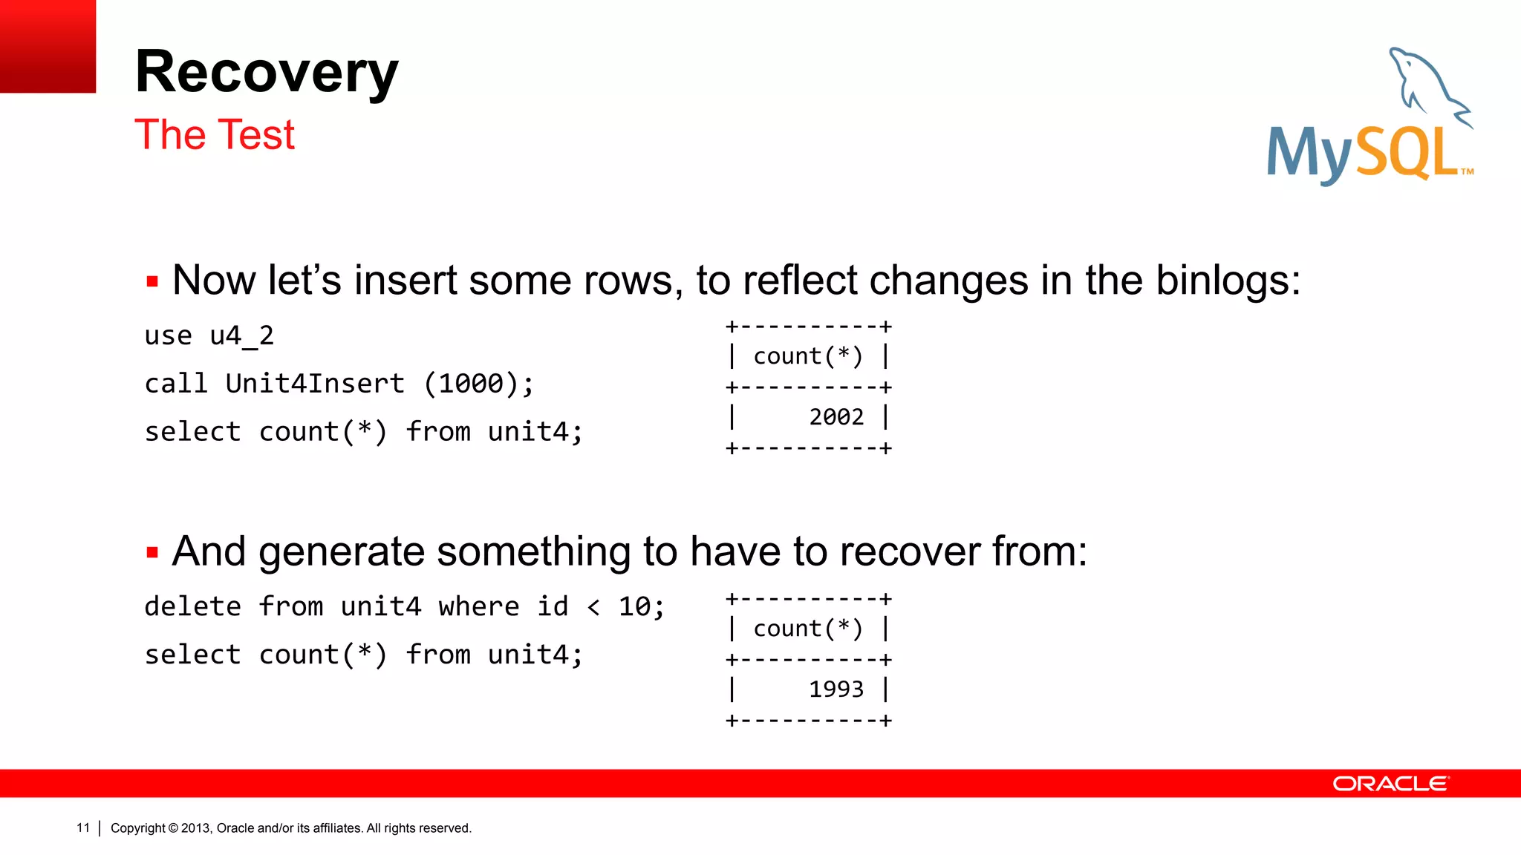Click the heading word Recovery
pyautogui.click(x=267, y=73)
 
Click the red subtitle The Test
pyautogui.click(x=215, y=135)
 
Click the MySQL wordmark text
pyautogui.click(x=1363, y=154)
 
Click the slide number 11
pyautogui.click(x=82, y=828)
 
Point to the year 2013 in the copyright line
pyautogui.click(x=196, y=828)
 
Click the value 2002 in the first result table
pyautogui.click(x=836, y=417)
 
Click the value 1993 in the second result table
pyautogui.click(x=836, y=689)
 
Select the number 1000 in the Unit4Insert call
pyautogui.click(x=471, y=384)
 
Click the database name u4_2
pyautogui.click(x=242, y=336)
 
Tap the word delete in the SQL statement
pyautogui.click(x=192, y=607)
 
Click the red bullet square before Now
pyautogui.click(x=152, y=282)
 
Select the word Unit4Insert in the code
pyautogui.click(x=315, y=384)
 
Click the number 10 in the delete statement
pyautogui.click(x=634, y=607)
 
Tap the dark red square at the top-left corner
pyautogui.click(x=48, y=46)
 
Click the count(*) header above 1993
pyautogui.click(x=808, y=629)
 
